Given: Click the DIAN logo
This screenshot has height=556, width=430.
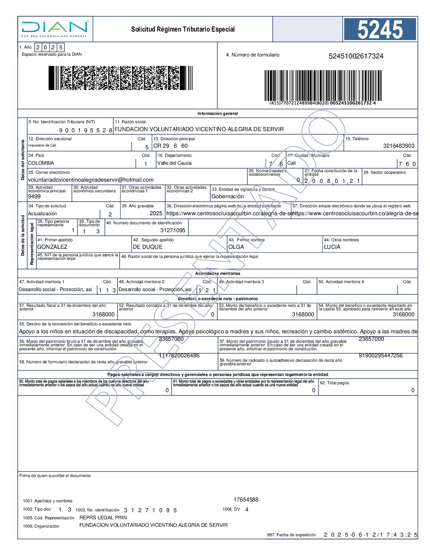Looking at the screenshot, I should [x=55, y=28].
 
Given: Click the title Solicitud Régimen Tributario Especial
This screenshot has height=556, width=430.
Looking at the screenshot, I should [x=183, y=29].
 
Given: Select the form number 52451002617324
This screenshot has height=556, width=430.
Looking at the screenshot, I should [x=356, y=56].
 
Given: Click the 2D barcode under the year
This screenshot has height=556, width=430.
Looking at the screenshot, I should [x=120, y=78].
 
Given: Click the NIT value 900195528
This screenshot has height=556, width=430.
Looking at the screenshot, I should [x=86, y=130].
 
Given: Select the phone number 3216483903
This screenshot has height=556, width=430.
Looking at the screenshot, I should [x=398, y=146].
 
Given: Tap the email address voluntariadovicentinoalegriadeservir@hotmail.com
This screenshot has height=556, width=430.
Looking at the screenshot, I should [x=91, y=180].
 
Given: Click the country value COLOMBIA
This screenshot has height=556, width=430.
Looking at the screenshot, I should [x=41, y=163].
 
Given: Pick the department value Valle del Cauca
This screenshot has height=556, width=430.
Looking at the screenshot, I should [x=174, y=163].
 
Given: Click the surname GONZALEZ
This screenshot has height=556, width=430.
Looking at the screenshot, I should [x=52, y=247].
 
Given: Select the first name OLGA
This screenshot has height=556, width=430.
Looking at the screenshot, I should [x=236, y=247].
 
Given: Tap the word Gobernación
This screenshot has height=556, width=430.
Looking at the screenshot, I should [x=228, y=196].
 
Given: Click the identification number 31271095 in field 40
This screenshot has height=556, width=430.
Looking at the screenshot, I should [x=173, y=230].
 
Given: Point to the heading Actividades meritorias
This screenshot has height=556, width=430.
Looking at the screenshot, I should [x=217, y=273].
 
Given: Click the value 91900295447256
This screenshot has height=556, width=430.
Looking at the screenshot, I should [x=380, y=355].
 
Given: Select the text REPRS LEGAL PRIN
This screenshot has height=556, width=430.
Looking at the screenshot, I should [x=103, y=517].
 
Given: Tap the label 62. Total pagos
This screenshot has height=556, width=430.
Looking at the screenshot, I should [x=334, y=383].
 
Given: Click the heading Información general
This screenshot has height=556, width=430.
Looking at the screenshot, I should [x=217, y=113].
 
